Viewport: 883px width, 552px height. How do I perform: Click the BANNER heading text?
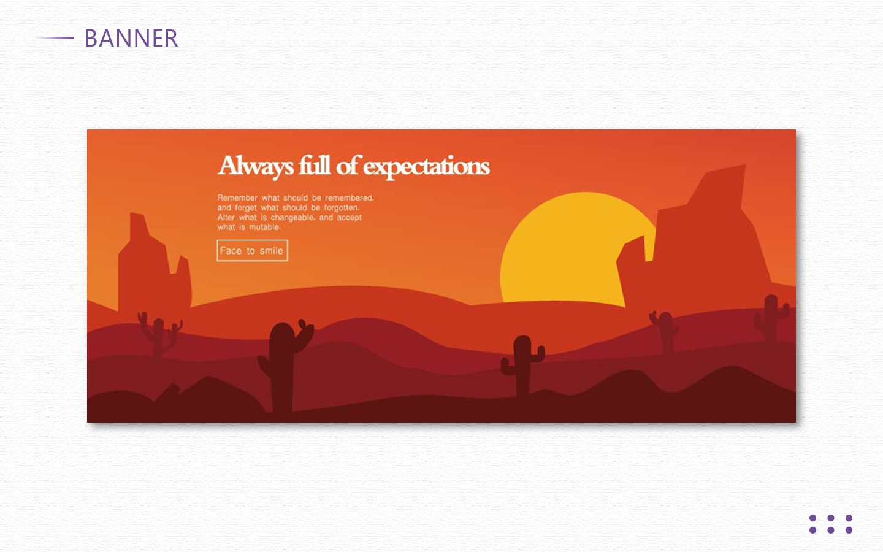(131, 39)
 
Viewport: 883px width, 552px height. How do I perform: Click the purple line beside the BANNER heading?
(55, 38)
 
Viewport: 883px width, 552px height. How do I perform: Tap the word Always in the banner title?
(256, 166)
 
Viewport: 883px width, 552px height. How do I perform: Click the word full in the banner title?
(315, 165)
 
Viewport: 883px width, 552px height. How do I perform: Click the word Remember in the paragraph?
(237, 198)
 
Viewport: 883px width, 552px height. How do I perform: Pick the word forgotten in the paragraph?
(342, 208)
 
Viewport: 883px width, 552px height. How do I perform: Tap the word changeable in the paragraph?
(292, 218)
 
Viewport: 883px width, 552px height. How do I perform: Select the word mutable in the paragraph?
(264, 227)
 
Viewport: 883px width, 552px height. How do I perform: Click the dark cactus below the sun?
(522, 365)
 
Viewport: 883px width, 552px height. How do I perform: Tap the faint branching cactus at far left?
(159, 335)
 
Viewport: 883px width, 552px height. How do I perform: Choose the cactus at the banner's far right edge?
(771, 318)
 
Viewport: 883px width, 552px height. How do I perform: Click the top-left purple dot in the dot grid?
(813, 518)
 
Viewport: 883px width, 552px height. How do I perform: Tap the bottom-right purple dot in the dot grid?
(849, 531)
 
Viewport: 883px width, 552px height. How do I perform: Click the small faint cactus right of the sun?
(665, 331)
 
